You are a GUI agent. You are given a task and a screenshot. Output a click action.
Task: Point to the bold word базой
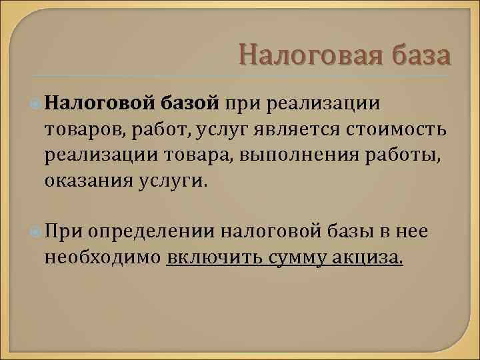pos(189,103)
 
